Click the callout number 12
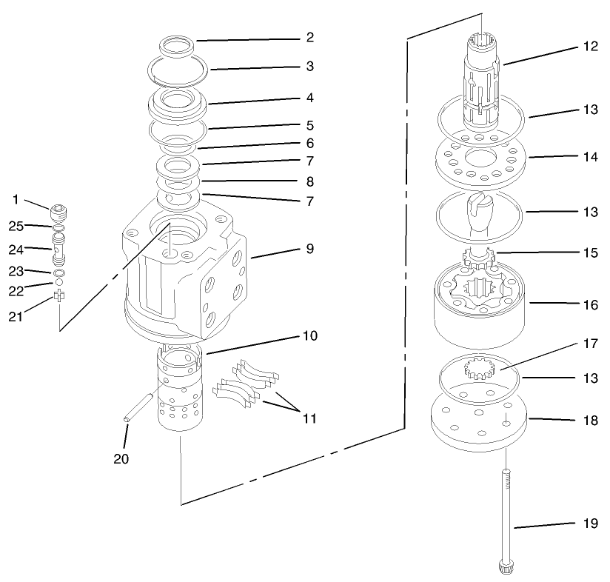tap(589, 46)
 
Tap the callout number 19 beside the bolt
tap(589, 523)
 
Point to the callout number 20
tap(121, 459)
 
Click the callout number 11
tap(309, 418)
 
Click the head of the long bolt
tap(506, 568)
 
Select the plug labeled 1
tap(61, 215)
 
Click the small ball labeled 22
tap(58, 283)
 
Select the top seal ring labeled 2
tap(175, 44)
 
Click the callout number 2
tap(310, 36)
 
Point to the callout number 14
tap(589, 156)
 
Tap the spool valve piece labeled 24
tap(60, 246)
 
